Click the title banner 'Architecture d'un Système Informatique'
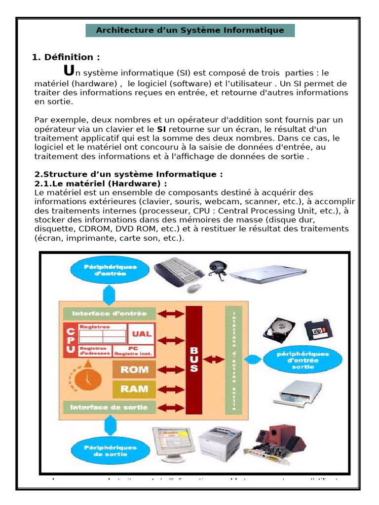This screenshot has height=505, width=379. point(190,30)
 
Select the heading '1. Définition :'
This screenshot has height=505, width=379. point(66,57)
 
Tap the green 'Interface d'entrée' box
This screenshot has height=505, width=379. point(110,314)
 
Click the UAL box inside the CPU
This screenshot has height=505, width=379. point(142,333)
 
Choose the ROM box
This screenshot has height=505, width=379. point(134,369)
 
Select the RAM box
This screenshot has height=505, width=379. point(134,389)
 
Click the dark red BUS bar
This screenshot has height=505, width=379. point(194,360)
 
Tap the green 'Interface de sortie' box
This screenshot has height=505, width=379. point(110,407)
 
